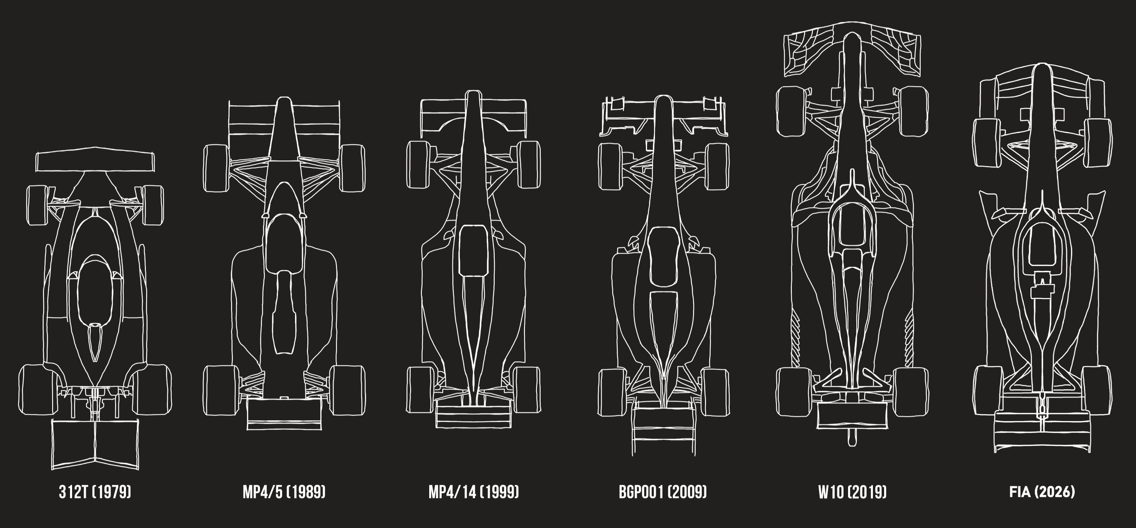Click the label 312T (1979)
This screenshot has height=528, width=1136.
[x=95, y=492]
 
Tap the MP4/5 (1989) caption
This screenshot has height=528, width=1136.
[x=284, y=492]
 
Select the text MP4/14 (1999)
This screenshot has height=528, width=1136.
[x=474, y=492]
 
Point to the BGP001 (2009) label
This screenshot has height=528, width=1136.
[x=663, y=492]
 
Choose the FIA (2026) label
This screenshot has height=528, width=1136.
[x=1042, y=492]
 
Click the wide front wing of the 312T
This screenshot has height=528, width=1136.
[x=95, y=162]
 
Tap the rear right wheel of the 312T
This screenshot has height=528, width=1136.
[x=152, y=389]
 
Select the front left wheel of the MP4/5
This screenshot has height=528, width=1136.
[x=217, y=168]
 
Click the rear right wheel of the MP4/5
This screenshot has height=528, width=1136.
[x=347, y=390]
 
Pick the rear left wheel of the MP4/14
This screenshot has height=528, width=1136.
[x=419, y=390]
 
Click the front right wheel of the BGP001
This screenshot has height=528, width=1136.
[x=717, y=166]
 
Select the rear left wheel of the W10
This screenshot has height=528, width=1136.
[x=793, y=391]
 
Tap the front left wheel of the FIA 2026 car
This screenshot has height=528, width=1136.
[x=986, y=143]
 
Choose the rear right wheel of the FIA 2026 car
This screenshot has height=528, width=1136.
[x=1096, y=390]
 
